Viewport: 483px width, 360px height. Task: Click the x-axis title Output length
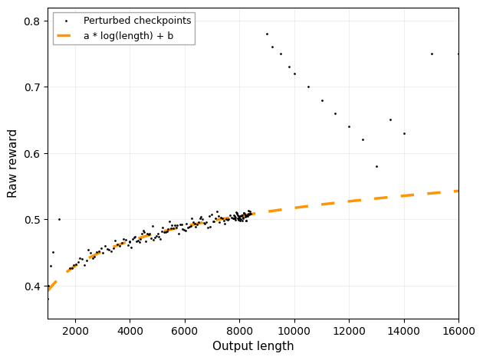point(253,346)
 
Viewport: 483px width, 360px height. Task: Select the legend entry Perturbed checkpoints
point(136,20)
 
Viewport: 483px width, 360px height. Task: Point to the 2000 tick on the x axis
point(75,331)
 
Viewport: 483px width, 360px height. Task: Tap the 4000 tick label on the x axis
point(130,331)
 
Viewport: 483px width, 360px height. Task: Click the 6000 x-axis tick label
point(185,331)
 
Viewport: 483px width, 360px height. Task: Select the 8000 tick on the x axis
point(239,331)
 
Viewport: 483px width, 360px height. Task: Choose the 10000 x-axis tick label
point(294,331)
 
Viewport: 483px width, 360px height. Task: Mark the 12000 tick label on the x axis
point(349,331)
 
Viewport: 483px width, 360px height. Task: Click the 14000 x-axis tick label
point(404,331)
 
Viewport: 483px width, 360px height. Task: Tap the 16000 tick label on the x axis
point(458,331)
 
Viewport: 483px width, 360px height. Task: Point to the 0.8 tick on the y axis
point(33,21)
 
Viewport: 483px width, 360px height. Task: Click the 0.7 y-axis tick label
point(33,87)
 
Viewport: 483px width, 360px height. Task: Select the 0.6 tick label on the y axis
point(33,154)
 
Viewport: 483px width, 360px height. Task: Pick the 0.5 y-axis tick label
point(33,220)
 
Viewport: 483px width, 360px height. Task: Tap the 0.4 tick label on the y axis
point(33,286)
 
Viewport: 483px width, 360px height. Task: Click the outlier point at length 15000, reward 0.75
point(432,54)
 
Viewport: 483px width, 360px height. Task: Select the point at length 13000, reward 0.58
point(376,166)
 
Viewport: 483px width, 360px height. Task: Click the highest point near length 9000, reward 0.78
point(267,34)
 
